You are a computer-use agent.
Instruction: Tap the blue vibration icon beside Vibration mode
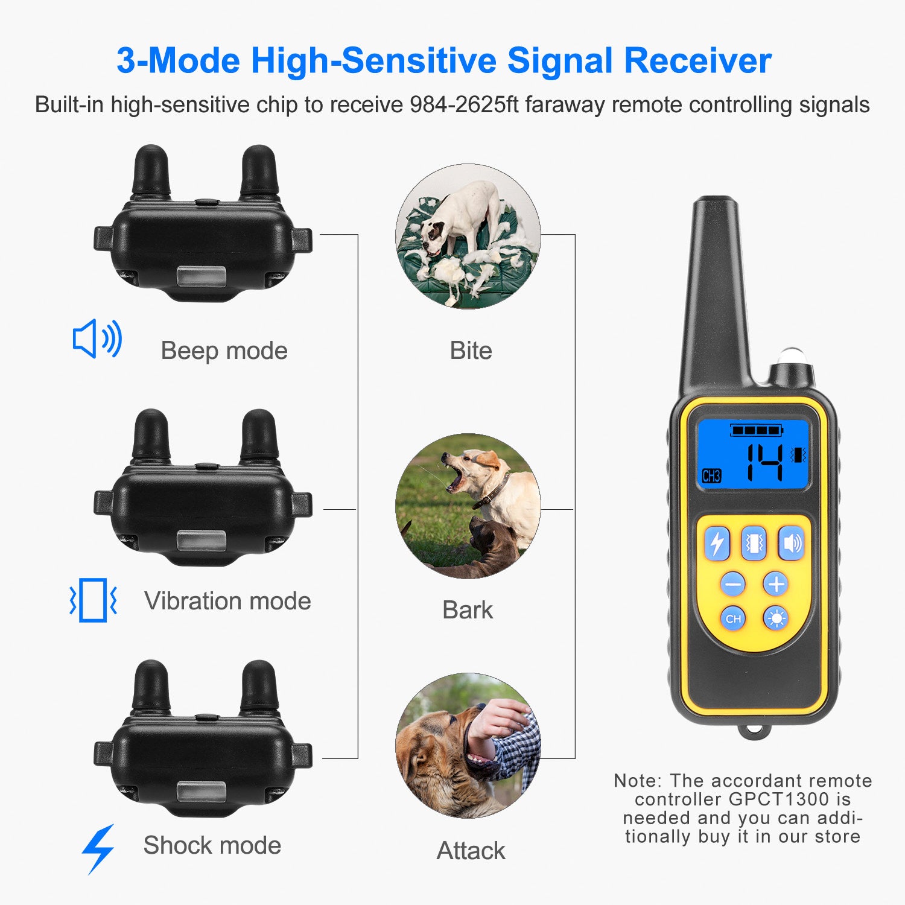point(93,600)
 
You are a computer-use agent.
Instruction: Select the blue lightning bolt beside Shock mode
point(98,848)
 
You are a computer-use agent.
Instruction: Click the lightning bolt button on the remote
point(717,543)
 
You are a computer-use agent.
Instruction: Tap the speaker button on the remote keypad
point(791,543)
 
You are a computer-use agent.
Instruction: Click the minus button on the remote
point(733,584)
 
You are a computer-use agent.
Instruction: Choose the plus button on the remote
point(776,584)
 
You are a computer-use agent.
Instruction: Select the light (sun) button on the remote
point(776,618)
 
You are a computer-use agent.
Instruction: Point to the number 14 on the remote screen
point(764,463)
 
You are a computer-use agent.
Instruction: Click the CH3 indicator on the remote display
point(712,475)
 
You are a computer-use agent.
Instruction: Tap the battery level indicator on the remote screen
point(757,430)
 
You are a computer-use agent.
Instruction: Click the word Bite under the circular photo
point(471,351)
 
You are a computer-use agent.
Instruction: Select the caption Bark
point(468,610)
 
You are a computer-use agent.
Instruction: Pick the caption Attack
point(471,851)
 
